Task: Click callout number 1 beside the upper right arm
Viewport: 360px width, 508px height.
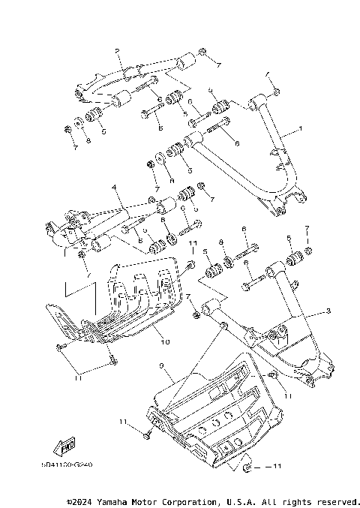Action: pyautogui.click(x=301, y=129)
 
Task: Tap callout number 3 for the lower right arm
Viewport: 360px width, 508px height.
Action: pyautogui.click(x=328, y=310)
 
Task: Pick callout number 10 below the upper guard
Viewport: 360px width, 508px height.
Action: pyautogui.click(x=164, y=341)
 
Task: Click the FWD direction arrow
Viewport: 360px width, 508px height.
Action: pyautogui.click(x=67, y=448)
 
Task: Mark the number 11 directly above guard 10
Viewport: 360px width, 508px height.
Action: pyautogui.click(x=192, y=245)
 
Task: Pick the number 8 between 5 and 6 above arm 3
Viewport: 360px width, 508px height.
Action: pyautogui.click(x=222, y=243)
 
